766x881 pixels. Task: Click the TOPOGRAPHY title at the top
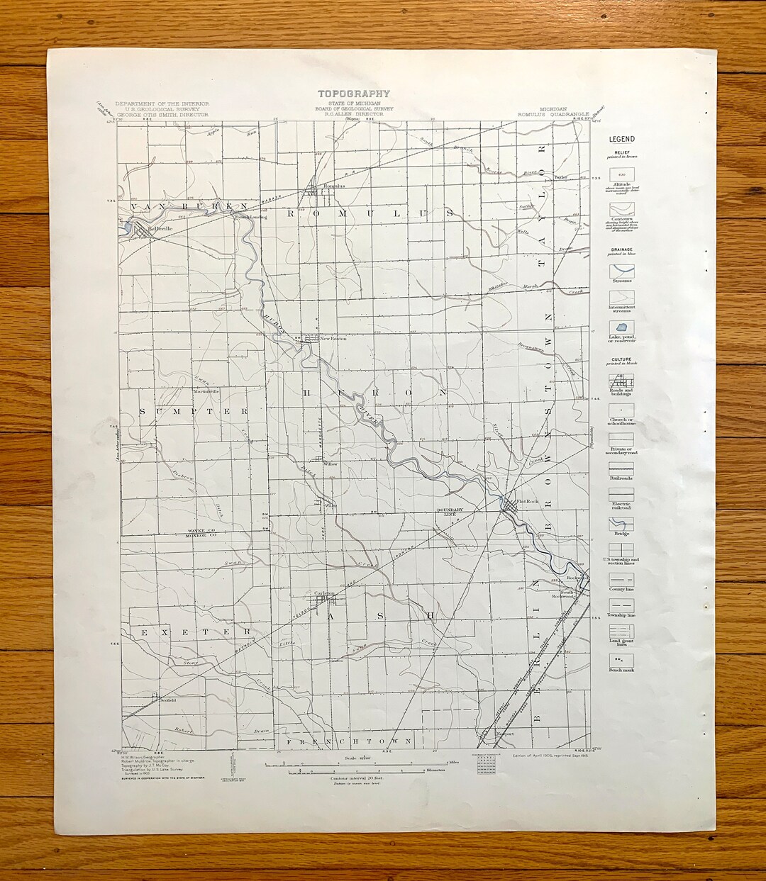click(353, 94)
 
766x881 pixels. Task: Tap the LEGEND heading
click(621, 139)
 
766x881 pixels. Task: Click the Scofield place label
click(168, 700)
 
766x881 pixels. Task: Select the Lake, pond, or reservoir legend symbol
click(621, 329)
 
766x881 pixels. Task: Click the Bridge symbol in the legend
click(621, 524)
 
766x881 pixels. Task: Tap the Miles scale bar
click(362, 764)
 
